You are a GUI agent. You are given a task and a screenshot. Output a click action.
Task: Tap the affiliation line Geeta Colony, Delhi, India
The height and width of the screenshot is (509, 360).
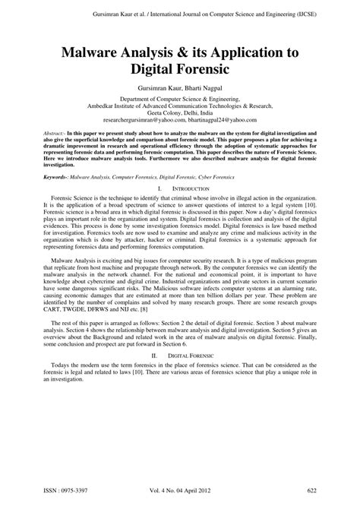(x=180, y=113)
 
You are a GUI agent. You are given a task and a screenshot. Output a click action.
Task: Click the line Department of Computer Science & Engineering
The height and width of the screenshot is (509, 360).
(x=179, y=99)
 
